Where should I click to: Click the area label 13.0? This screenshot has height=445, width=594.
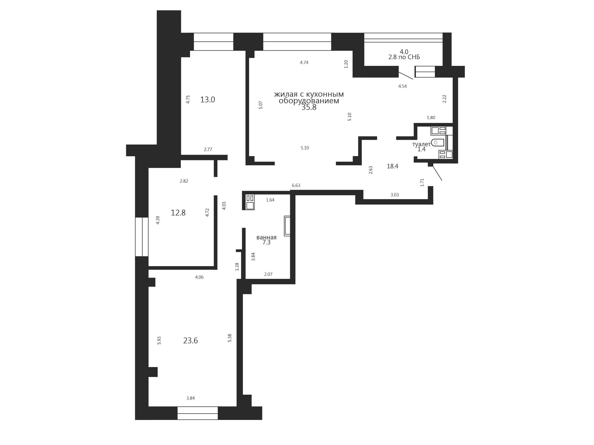[208, 100]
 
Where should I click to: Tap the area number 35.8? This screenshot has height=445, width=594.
[309, 107]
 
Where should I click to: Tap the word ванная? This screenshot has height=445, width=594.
[266, 237]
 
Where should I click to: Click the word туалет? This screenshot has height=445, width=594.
[421, 144]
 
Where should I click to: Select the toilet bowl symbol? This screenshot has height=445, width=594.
[437, 142]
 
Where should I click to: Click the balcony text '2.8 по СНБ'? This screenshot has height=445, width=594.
[404, 57]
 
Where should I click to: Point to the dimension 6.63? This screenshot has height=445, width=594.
[296, 185]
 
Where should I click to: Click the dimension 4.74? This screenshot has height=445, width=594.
[304, 62]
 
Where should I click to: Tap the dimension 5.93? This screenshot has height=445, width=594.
[159, 340]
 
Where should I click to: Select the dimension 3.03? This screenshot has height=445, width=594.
[394, 195]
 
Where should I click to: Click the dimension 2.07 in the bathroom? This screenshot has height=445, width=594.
[268, 274]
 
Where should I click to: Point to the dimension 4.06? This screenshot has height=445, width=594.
[199, 277]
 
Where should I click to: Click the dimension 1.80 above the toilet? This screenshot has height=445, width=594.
[431, 118]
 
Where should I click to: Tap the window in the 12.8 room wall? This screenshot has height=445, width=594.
[141, 237]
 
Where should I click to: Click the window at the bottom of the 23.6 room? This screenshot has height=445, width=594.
[198, 413]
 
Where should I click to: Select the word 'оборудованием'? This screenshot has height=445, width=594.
[309, 101]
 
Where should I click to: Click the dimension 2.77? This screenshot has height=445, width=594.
[208, 149]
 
